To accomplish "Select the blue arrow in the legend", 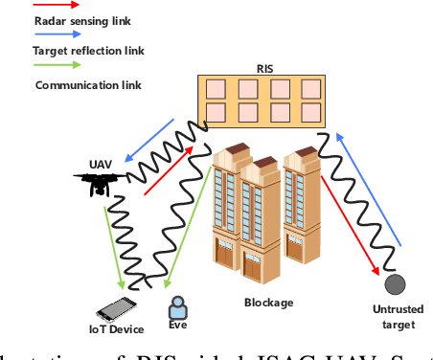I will tap(30, 31).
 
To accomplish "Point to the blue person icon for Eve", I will tap(177, 307).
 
